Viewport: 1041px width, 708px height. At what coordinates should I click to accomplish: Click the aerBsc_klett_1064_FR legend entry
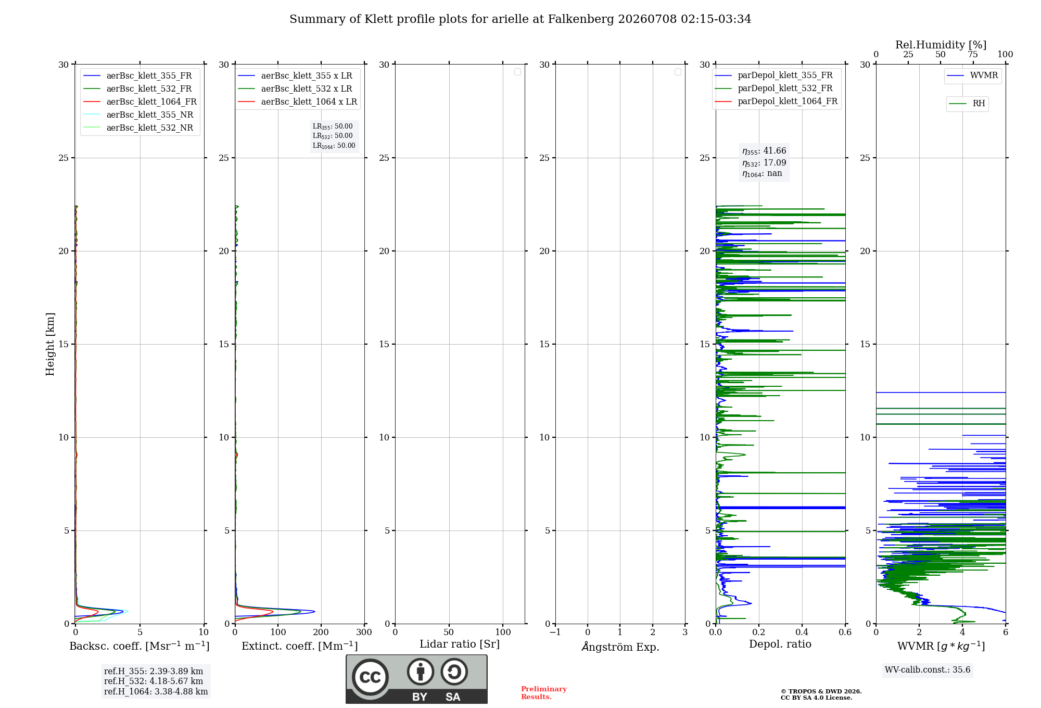pos(140,102)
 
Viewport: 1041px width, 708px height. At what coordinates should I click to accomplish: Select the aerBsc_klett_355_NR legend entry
pos(138,115)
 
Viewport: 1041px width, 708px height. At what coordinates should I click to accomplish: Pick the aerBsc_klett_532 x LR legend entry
pos(295,88)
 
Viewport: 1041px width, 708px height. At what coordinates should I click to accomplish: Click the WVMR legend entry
pos(972,75)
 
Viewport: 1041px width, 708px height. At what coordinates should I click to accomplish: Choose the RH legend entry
pos(967,104)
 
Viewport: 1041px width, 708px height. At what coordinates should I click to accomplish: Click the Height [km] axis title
pos(50,344)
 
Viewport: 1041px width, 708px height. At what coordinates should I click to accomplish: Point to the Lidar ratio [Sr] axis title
pos(460,644)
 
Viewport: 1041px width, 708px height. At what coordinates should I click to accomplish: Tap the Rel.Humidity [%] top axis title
pos(941,45)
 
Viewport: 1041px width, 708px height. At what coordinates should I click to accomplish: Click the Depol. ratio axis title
pos(780,644)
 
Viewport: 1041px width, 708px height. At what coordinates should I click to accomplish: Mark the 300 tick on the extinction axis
pos(364,633)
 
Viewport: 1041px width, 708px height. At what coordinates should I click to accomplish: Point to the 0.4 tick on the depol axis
pos(802,633)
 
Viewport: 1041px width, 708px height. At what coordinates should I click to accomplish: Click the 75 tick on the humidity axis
pos(973,55)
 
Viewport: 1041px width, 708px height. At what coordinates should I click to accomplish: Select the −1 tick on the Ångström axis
pos(555,633)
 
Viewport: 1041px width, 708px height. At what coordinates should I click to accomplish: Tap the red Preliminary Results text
pos(544,693)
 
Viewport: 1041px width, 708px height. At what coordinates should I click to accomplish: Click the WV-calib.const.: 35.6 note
pos(928,670)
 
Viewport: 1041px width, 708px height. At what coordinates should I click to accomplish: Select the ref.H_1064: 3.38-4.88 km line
pos(156,692)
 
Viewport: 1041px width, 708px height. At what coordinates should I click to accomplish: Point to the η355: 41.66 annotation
pos(764,151)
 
